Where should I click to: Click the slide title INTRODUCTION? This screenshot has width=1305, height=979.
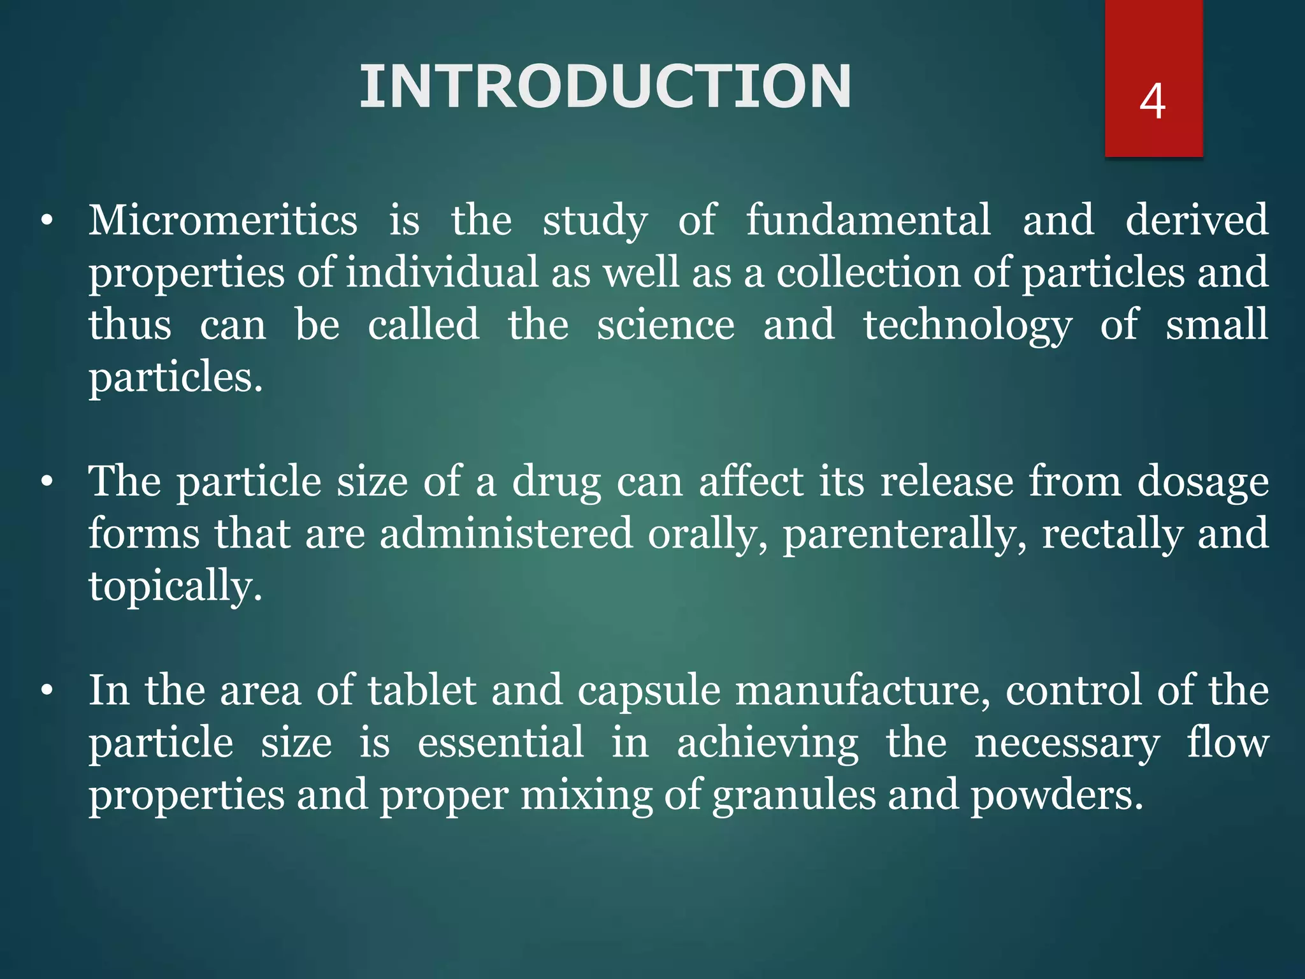coord(605,87)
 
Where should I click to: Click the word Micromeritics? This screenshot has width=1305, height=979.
coord(223,220)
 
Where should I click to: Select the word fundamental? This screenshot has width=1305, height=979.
coord(869,220)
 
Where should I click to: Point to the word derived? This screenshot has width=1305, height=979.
coord(1197,220)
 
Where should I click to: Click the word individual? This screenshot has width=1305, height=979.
coord(443,273)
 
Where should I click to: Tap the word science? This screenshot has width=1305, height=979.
coord(666,325)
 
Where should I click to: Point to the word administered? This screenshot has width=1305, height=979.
coord(507,534)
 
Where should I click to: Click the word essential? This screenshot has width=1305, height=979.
coord(501,743)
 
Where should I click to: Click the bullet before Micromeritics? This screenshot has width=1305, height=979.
coord(47,222)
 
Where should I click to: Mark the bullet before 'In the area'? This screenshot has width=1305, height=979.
coord(47,692)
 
